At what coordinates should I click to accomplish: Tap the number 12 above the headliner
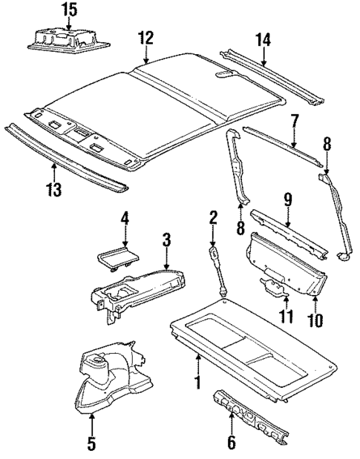(146, 37)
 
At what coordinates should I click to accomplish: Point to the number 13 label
(52, 191)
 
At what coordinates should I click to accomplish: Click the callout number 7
(294, 119)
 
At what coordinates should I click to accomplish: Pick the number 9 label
(287, 199)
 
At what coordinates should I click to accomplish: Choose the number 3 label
(167, 239)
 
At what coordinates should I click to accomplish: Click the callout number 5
(91, 444)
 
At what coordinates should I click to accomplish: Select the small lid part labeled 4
(118, 257)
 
